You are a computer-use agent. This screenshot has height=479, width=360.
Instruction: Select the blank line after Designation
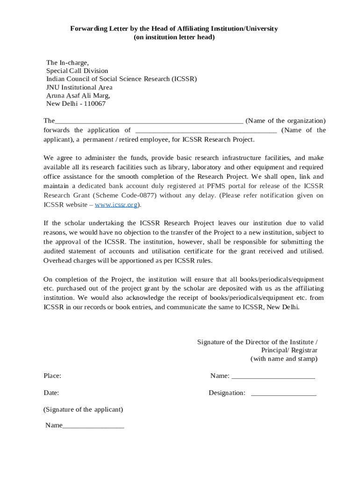point(283,394)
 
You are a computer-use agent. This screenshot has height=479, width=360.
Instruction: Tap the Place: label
point(52,376)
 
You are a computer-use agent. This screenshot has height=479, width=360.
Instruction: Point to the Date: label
point(51,393)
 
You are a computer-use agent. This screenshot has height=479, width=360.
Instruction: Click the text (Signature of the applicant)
point(83,410)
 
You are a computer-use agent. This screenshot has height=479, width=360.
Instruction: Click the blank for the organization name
point(149,122)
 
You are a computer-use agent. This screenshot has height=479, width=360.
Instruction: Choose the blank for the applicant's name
point(206,131)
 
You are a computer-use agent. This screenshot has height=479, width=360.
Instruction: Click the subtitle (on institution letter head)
point(174,37)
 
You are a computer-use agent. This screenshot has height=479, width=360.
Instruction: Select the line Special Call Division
point(77,71)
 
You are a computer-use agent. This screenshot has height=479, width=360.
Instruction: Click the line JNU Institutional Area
point(79,87)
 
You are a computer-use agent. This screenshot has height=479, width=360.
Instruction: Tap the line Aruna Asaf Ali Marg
point(78,96)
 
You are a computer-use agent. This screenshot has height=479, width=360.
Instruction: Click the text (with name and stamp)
point(284,359)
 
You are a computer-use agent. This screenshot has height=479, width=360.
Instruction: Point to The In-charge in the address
point(67,63)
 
